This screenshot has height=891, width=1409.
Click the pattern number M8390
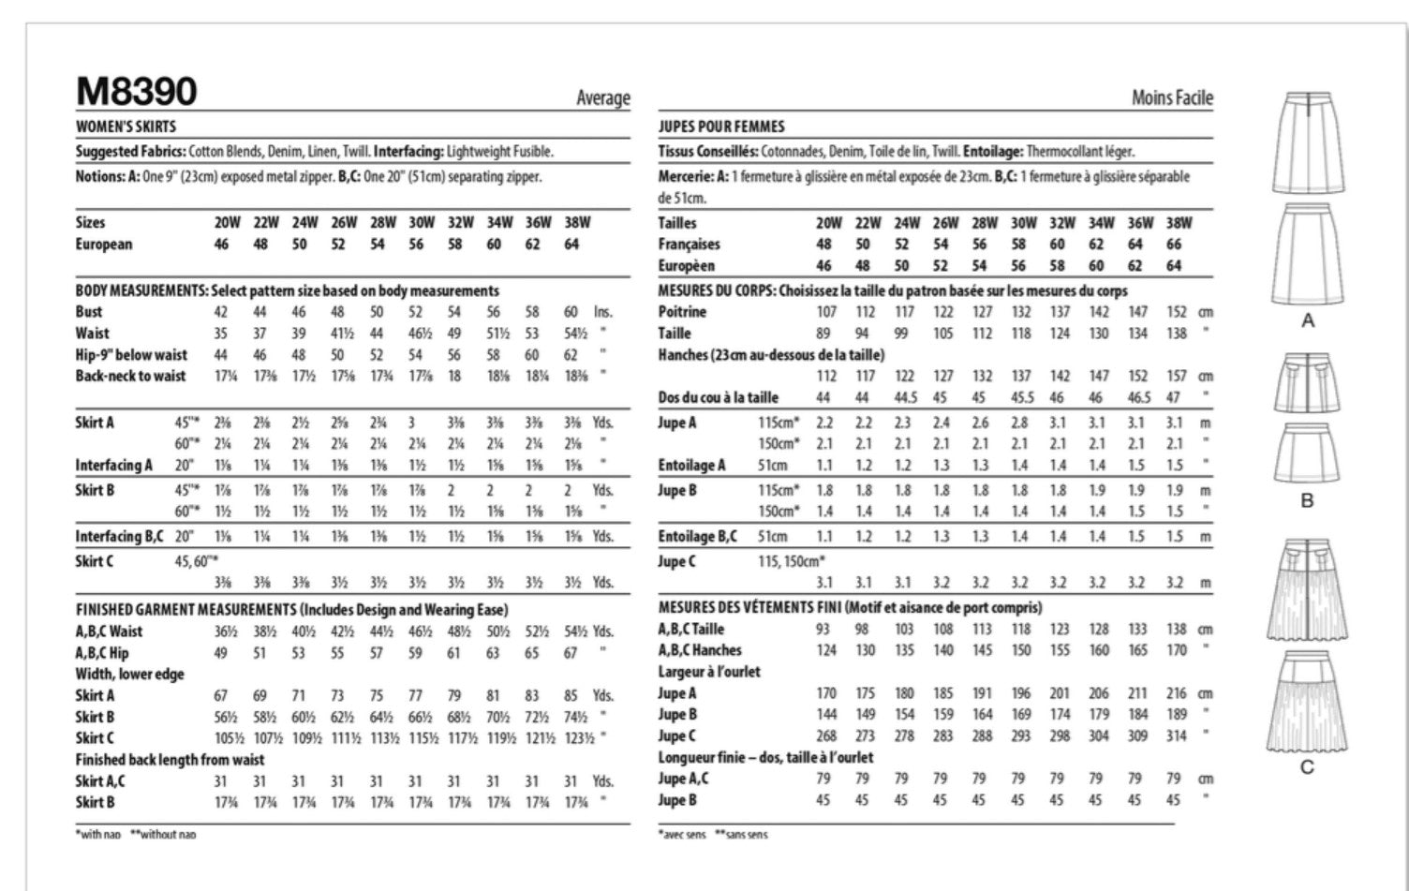pyautogui.click(x=137, y=92)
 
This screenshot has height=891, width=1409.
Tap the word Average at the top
pyautogui.click(x=603, y=98)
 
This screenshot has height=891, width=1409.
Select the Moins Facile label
pyautogui.click(x=1171, y=97)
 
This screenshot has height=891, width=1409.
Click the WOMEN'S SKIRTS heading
pyautogui.click(x=126, y=126)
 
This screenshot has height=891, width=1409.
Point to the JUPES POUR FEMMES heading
pyautogui.click(x=721, y=126)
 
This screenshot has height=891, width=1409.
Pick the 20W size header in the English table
pyautogui.click(x=227, y=223)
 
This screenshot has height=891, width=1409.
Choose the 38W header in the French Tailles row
pyautogui.click(x=1179, y=223)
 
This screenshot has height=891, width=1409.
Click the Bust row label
pyautogui.click(x=89, y=312)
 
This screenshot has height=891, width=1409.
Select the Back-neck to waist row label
pyautogui.click(x=131, y=377)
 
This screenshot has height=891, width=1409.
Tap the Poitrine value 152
pyautogui.click(x=1177, y=312)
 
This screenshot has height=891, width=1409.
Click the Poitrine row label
pyautogui.click(x=682, y=312)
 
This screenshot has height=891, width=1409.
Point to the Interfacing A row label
pyautogui.click(x=113, y=466)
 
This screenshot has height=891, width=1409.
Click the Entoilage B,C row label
pyautogui.click(x=697, y=537)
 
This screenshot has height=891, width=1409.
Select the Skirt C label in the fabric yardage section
pyautogui.click(x=95, y=561)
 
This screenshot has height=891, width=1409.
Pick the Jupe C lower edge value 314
pyautogui.click(x=1177, y=736)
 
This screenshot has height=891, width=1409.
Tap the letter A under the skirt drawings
pyautogui.click(x=1308, y=321)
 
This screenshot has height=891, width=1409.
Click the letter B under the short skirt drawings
pyautogui.click(x=1308, y=501)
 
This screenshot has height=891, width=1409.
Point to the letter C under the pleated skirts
pyautogui.click(x=1308, y=767)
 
